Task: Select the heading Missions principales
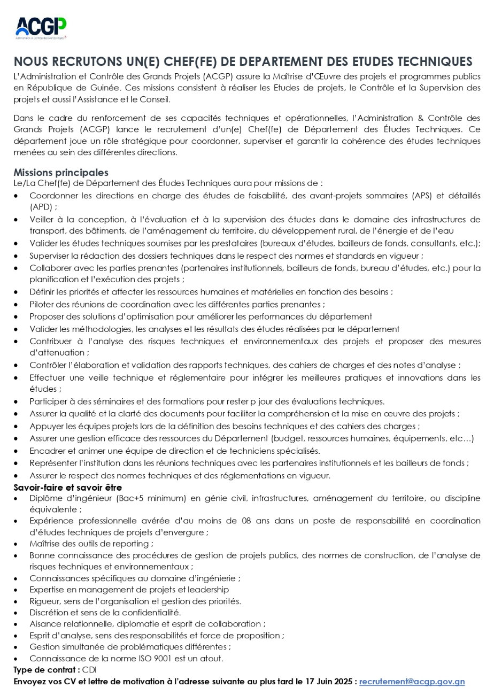coord(61,173)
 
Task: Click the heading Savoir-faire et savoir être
coord(67,488)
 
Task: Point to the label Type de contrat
coord(47,670)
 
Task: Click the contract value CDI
coord(89,670)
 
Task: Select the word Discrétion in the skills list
coord(49,613)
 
